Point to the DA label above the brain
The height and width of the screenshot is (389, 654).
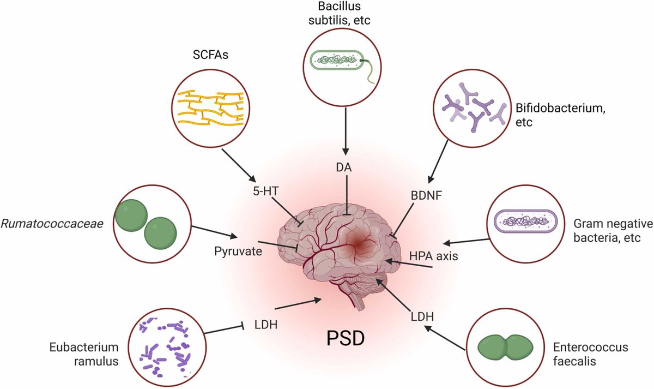click(x=344, y=169)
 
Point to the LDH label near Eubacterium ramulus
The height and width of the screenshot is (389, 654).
click(x=266, y=326)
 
